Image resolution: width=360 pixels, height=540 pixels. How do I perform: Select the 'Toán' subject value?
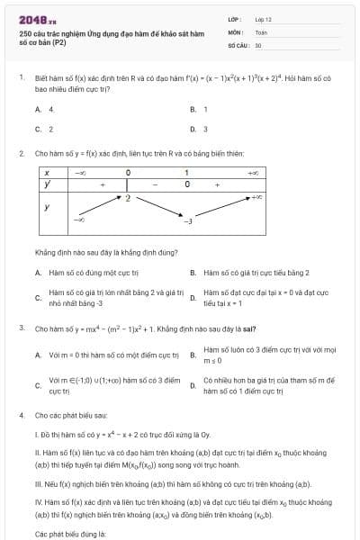(x=261, y=31)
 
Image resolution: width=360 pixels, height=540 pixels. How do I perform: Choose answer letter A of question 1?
(x=38, y=109)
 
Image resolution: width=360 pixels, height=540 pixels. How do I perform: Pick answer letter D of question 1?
(x=193, y=129)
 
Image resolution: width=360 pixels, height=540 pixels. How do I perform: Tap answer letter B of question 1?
(x=193, y=109)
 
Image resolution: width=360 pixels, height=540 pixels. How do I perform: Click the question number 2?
(x=21, y=153)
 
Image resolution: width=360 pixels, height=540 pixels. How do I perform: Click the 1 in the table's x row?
(x=186, y=171)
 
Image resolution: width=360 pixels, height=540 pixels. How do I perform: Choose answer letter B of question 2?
(x=193, y=272)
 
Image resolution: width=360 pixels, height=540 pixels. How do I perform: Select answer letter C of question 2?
(x=38, y=298)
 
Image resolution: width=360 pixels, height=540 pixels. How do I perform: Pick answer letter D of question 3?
(x=193, y=386)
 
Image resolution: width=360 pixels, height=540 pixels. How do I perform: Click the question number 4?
(x=21, y=415)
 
